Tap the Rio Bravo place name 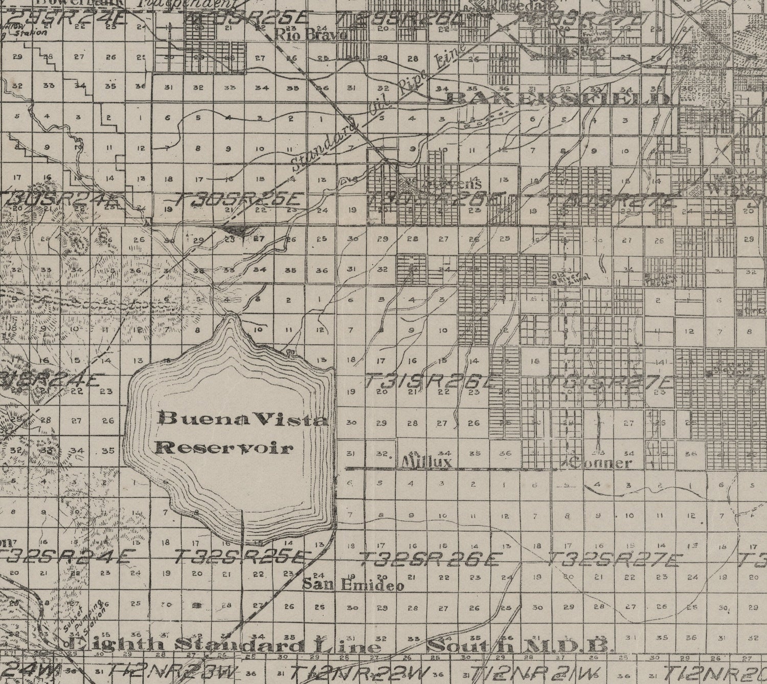[x=311, y=34]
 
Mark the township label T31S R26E [x=432, y=381]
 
